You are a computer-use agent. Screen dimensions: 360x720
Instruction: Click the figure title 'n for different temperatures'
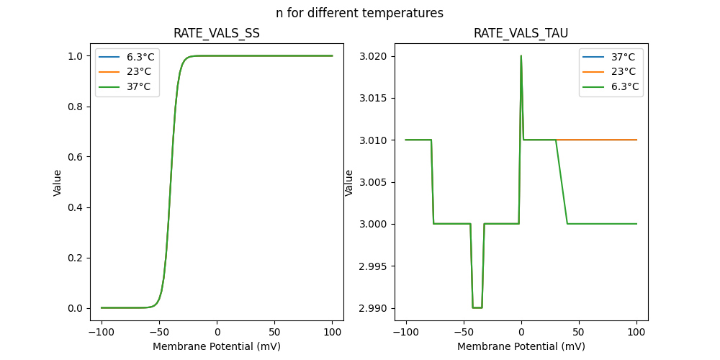(x=359, y=13)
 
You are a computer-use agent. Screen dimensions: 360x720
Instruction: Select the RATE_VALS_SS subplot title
(x=216, y=33)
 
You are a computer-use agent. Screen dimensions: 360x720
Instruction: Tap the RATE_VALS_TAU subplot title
(x=521, y=33)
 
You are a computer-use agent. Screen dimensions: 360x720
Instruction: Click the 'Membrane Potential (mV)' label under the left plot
(x=217, y=346)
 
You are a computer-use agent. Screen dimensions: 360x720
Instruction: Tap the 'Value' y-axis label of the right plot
(x=349, y=182)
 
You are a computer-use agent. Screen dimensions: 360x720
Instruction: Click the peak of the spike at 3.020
(x=521, y=56)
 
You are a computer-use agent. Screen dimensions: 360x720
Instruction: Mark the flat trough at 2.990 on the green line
(x=477, y=307)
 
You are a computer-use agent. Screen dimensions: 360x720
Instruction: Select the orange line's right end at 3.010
(x=636, y=140)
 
